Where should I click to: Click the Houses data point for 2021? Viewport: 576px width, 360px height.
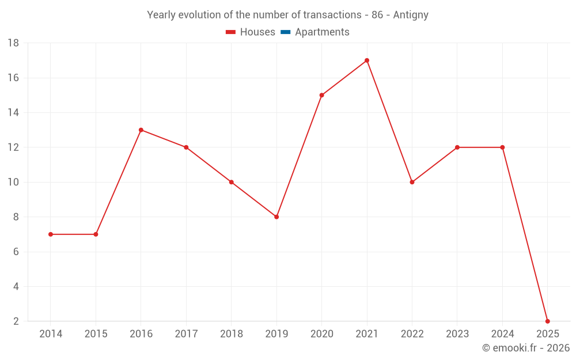(x=367, y=60)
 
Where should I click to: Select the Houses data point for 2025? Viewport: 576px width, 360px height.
(x=547, y=321)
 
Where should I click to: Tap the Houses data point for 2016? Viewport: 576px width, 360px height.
(x=141, y=130)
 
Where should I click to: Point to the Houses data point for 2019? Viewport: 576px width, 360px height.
(x=276, y=217)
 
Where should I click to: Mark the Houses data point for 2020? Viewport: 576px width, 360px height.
(x=321, y=95)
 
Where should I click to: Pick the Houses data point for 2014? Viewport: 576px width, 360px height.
(x=51, y=234)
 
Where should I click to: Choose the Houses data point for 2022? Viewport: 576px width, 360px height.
(x=412, y=182)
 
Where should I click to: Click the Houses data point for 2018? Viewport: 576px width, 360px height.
(x=231, y=182)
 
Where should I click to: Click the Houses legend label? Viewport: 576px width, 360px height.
(x=257, y=32)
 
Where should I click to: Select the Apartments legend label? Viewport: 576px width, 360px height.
(x=322, y=32)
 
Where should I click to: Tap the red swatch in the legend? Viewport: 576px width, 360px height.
(x=230, y=32)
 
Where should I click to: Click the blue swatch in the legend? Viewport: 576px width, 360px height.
(x=285, y=32)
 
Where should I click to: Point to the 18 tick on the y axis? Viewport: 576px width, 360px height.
(x=13, y=43)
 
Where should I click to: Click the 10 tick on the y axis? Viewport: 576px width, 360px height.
(x=13, y=182)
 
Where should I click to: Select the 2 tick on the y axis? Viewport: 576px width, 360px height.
(x=16, y=321)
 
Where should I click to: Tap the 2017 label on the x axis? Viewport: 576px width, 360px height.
(x=186, y=334)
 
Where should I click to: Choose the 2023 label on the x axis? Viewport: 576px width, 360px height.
(x=457, y=334)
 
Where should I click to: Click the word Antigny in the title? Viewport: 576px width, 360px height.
(x=411, y=15)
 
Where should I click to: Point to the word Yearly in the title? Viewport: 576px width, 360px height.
(x=162, y=15)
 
